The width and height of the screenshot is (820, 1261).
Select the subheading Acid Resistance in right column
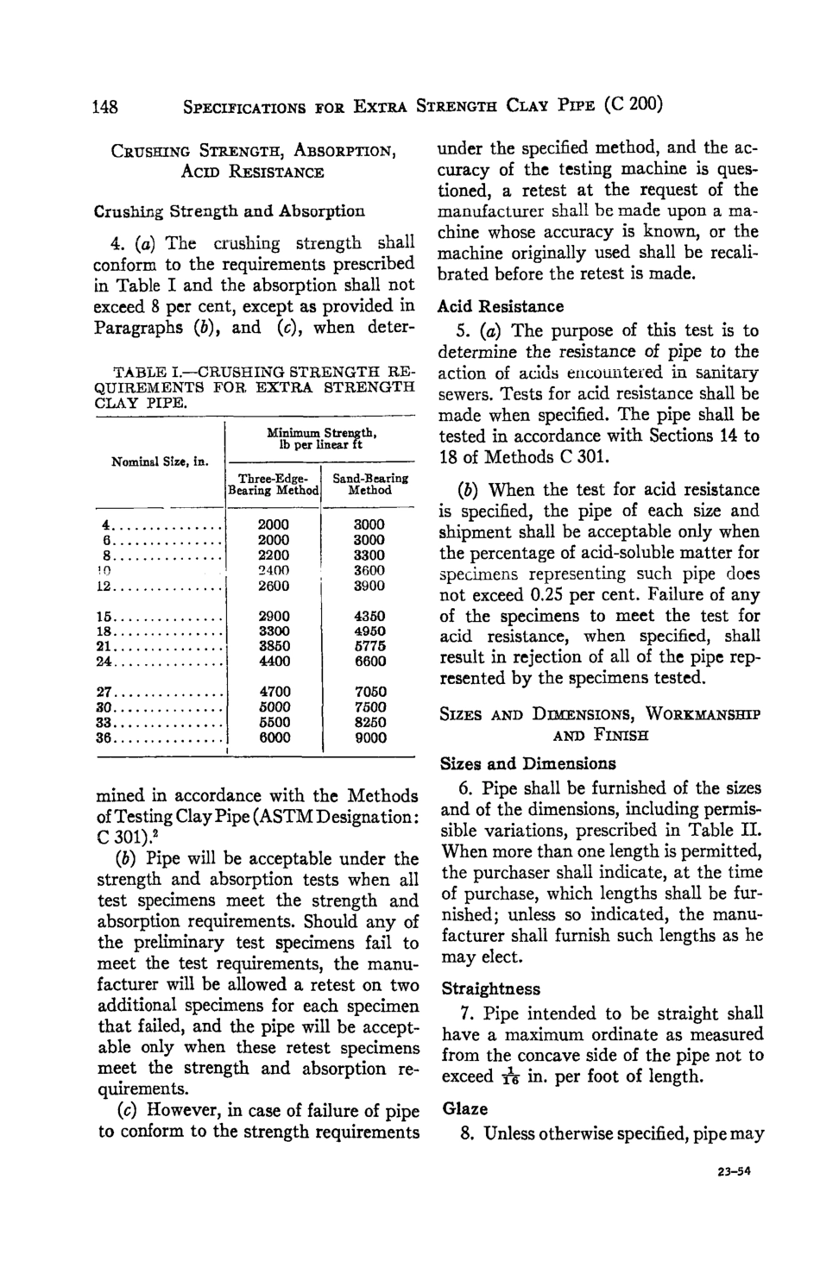tap(501, 306)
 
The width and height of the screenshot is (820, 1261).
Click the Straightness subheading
tap(490, 988)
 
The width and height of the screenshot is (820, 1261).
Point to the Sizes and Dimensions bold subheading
tap(527, 763)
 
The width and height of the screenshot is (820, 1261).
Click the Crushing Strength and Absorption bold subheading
tap(229, 210)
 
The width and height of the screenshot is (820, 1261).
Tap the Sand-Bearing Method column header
tap(369, 484)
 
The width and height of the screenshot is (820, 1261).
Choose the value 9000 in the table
tap(369, 737)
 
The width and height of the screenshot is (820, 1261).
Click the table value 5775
tap(369, 647)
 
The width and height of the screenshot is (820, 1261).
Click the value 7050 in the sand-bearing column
tap(369, 692)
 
